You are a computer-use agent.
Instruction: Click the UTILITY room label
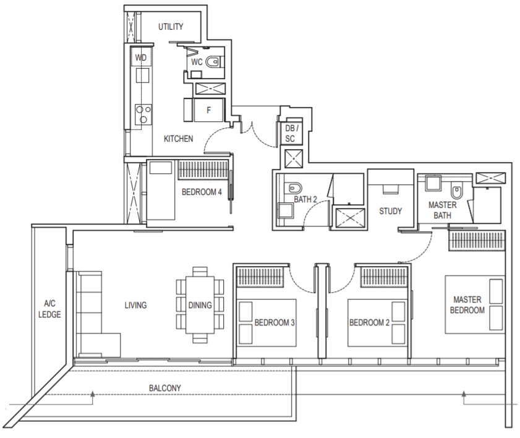[171, 27]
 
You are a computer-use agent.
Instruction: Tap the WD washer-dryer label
[140, 58]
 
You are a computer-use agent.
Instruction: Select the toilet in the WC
[213, 62]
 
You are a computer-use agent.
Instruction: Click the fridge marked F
[208, 110]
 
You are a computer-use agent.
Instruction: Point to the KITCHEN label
[179, 139]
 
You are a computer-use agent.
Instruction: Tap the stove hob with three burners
[143, 114]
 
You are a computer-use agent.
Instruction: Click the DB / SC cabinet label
[291, 134]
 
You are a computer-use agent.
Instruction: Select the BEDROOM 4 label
[202, 192]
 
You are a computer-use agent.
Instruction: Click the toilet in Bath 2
[294, 188]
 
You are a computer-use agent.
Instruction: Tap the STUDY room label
[390, 211]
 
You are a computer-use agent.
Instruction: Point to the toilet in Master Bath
[457, 191]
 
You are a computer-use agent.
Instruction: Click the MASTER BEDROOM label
[467, 305]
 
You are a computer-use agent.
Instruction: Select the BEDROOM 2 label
[369, 322]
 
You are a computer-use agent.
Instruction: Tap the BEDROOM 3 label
[275, 322]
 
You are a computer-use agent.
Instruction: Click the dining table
[200, 305]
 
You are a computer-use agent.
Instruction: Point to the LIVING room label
[135, 305]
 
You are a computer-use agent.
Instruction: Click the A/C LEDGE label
[49, 309]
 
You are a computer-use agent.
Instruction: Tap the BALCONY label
[165, 388]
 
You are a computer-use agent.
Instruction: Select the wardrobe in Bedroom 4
[203, 170]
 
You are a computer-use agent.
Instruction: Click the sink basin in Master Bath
[433, 183]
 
